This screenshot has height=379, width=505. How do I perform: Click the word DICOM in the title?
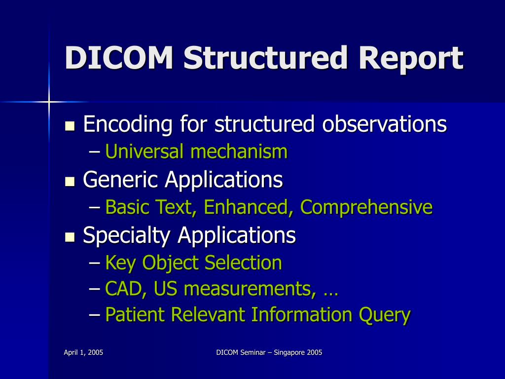point(119,58)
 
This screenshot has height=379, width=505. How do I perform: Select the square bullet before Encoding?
point(70,125)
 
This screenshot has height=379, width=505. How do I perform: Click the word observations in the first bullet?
point(384,124)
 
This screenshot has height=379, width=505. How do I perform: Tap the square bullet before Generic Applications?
point(70,181)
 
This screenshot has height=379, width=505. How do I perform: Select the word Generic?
point(120,180)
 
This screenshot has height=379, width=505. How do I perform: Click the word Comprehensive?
point(366,207)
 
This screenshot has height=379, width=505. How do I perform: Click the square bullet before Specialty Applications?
point(70,237)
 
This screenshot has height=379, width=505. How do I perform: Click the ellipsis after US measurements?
point(330,291)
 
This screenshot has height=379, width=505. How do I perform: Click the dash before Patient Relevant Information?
point(95,314)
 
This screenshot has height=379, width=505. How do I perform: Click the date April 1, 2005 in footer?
point(83,352)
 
